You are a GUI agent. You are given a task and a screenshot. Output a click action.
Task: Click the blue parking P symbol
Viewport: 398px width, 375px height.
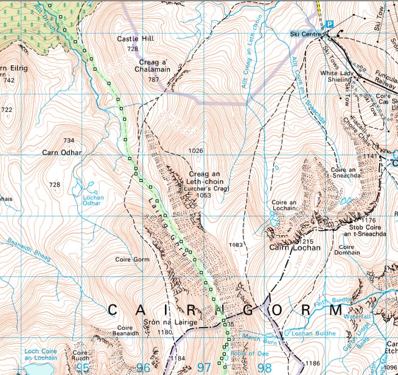(329, 24)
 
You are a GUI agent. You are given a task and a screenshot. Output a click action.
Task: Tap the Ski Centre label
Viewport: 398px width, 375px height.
(305, 34)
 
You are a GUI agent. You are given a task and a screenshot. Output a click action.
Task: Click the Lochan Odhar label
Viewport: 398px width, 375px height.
(94, 200)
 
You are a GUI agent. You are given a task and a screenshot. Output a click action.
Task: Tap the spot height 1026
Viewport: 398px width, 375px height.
(195, 150)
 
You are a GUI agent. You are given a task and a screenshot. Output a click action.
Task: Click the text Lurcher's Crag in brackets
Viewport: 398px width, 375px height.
(204, 189)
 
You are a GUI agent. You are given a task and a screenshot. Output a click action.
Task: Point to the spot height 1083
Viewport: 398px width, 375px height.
(236, 245)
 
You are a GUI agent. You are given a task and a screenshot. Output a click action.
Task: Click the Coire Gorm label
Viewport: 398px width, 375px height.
(128, 259)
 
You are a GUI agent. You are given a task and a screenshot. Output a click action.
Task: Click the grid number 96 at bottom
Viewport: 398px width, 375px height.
(144, 367)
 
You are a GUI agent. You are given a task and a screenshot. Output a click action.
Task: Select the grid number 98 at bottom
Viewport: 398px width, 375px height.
(265, 367)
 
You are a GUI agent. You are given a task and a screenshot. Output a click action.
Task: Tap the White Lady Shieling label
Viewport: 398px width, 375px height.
(337, 77)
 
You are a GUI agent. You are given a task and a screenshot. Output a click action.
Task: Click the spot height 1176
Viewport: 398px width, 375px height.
(368, 220)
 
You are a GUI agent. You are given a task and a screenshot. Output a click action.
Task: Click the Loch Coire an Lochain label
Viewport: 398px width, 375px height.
(40, 354)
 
